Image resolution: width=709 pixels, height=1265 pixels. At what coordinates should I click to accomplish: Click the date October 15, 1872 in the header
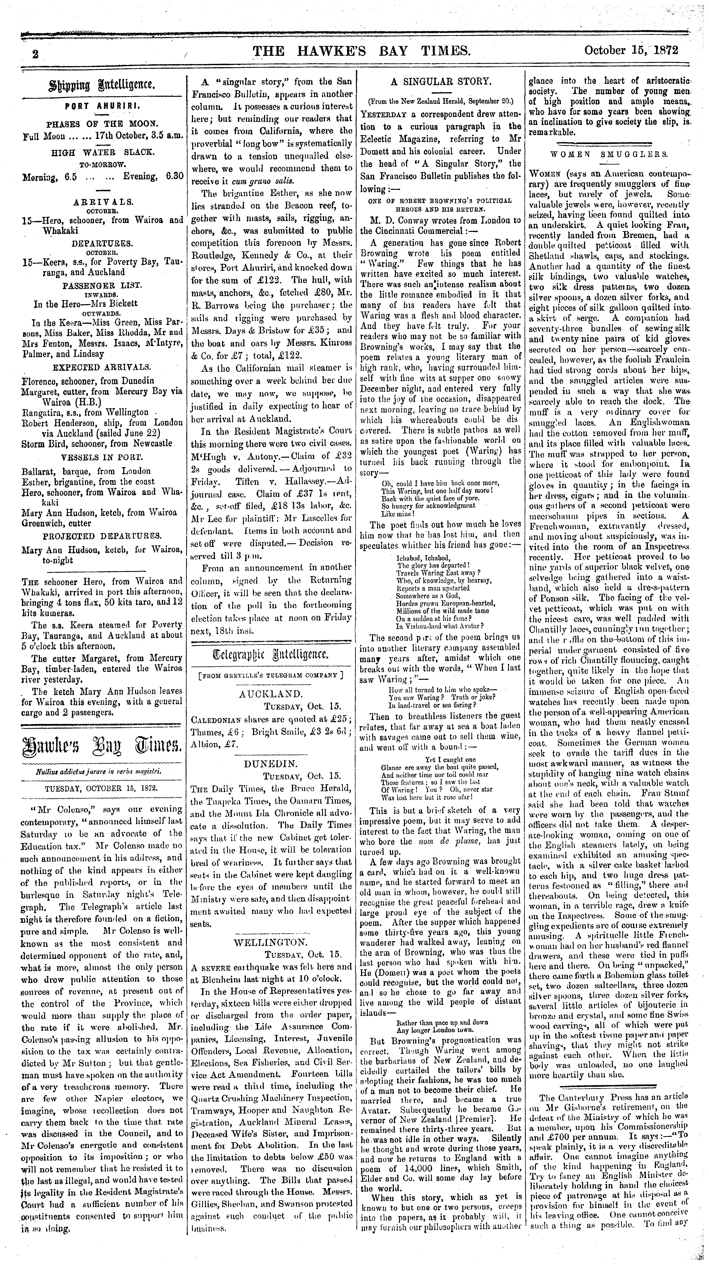631,51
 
